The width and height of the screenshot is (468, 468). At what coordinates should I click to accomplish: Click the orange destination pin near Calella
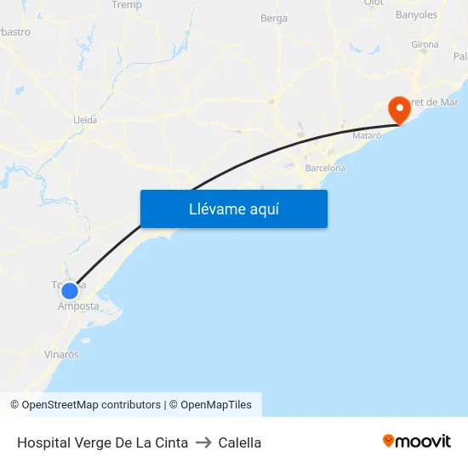398,110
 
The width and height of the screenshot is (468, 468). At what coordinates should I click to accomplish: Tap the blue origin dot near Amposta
70,290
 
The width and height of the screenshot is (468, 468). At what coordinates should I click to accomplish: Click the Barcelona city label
325,168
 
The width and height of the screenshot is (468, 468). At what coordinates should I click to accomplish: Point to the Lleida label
85,120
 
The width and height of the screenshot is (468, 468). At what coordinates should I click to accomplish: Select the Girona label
425,45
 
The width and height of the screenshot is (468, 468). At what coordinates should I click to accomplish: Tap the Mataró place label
368,136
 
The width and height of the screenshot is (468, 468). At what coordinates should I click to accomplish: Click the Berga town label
274,19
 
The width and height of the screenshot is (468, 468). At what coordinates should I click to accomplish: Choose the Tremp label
127,5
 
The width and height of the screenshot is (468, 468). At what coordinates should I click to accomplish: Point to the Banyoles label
416,15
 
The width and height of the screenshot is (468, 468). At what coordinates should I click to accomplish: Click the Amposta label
78,306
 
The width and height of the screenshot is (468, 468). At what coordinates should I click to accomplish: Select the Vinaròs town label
61,355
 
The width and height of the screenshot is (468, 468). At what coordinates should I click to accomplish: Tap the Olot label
374,3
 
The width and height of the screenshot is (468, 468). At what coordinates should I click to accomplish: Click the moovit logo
417,441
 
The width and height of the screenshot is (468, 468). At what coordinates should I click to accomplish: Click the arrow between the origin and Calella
203,442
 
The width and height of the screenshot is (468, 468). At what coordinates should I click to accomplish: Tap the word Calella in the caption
240,442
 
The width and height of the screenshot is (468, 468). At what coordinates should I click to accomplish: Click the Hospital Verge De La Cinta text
102,442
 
